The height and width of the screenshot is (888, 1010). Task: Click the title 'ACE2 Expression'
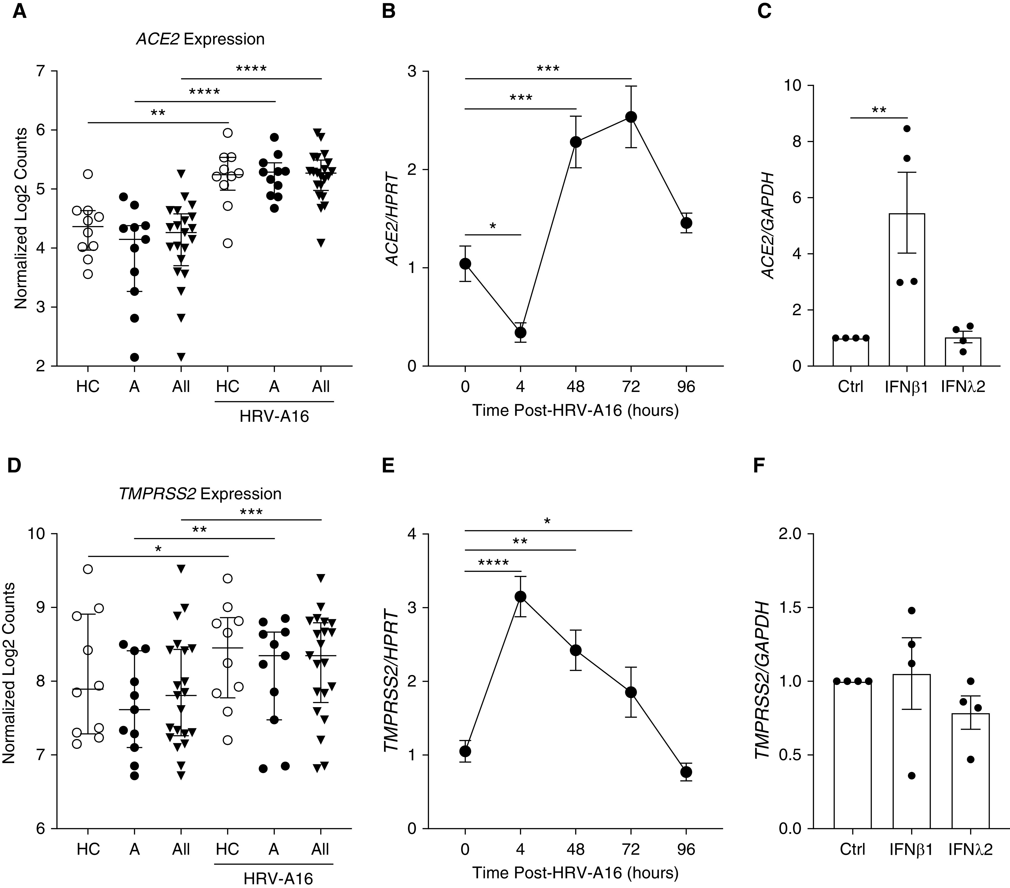200,39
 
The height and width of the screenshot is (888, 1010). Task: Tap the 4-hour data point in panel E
520,597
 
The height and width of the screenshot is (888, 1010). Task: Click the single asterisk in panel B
493,226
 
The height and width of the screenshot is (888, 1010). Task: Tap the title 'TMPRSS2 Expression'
200,494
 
